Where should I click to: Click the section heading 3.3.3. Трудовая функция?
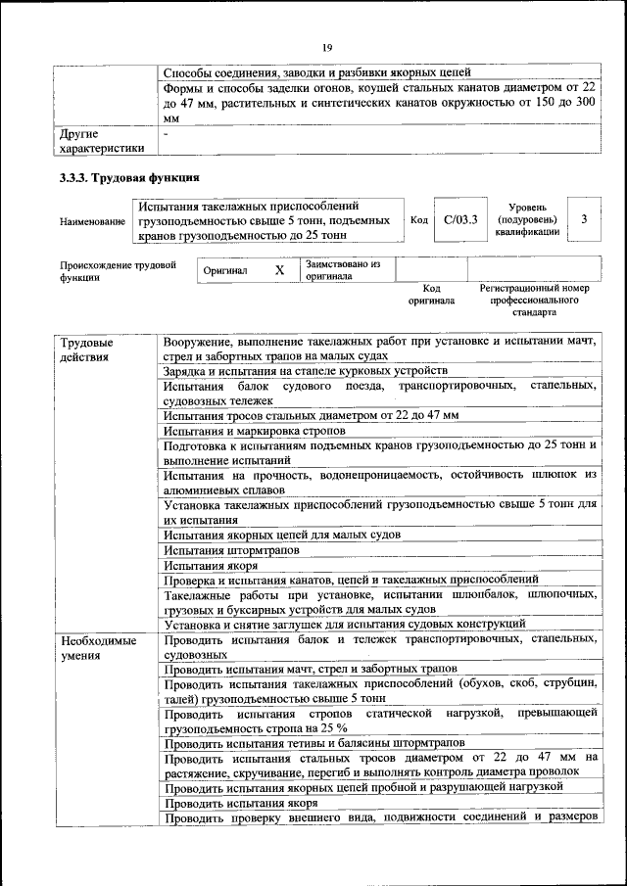pos(130,178)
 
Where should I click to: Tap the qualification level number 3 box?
pos(584,220)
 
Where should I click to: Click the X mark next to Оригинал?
pos(279,269)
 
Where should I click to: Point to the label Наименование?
pos(92,222)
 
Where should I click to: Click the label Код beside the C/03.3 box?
pos(418,220)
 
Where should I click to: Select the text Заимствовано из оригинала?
pos(342,269)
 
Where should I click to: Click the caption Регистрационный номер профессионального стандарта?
pos(534,301)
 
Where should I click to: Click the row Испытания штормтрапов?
pos(217,550)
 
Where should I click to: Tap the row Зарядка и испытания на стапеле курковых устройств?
pos(305,371)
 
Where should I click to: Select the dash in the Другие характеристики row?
pos(167,132)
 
